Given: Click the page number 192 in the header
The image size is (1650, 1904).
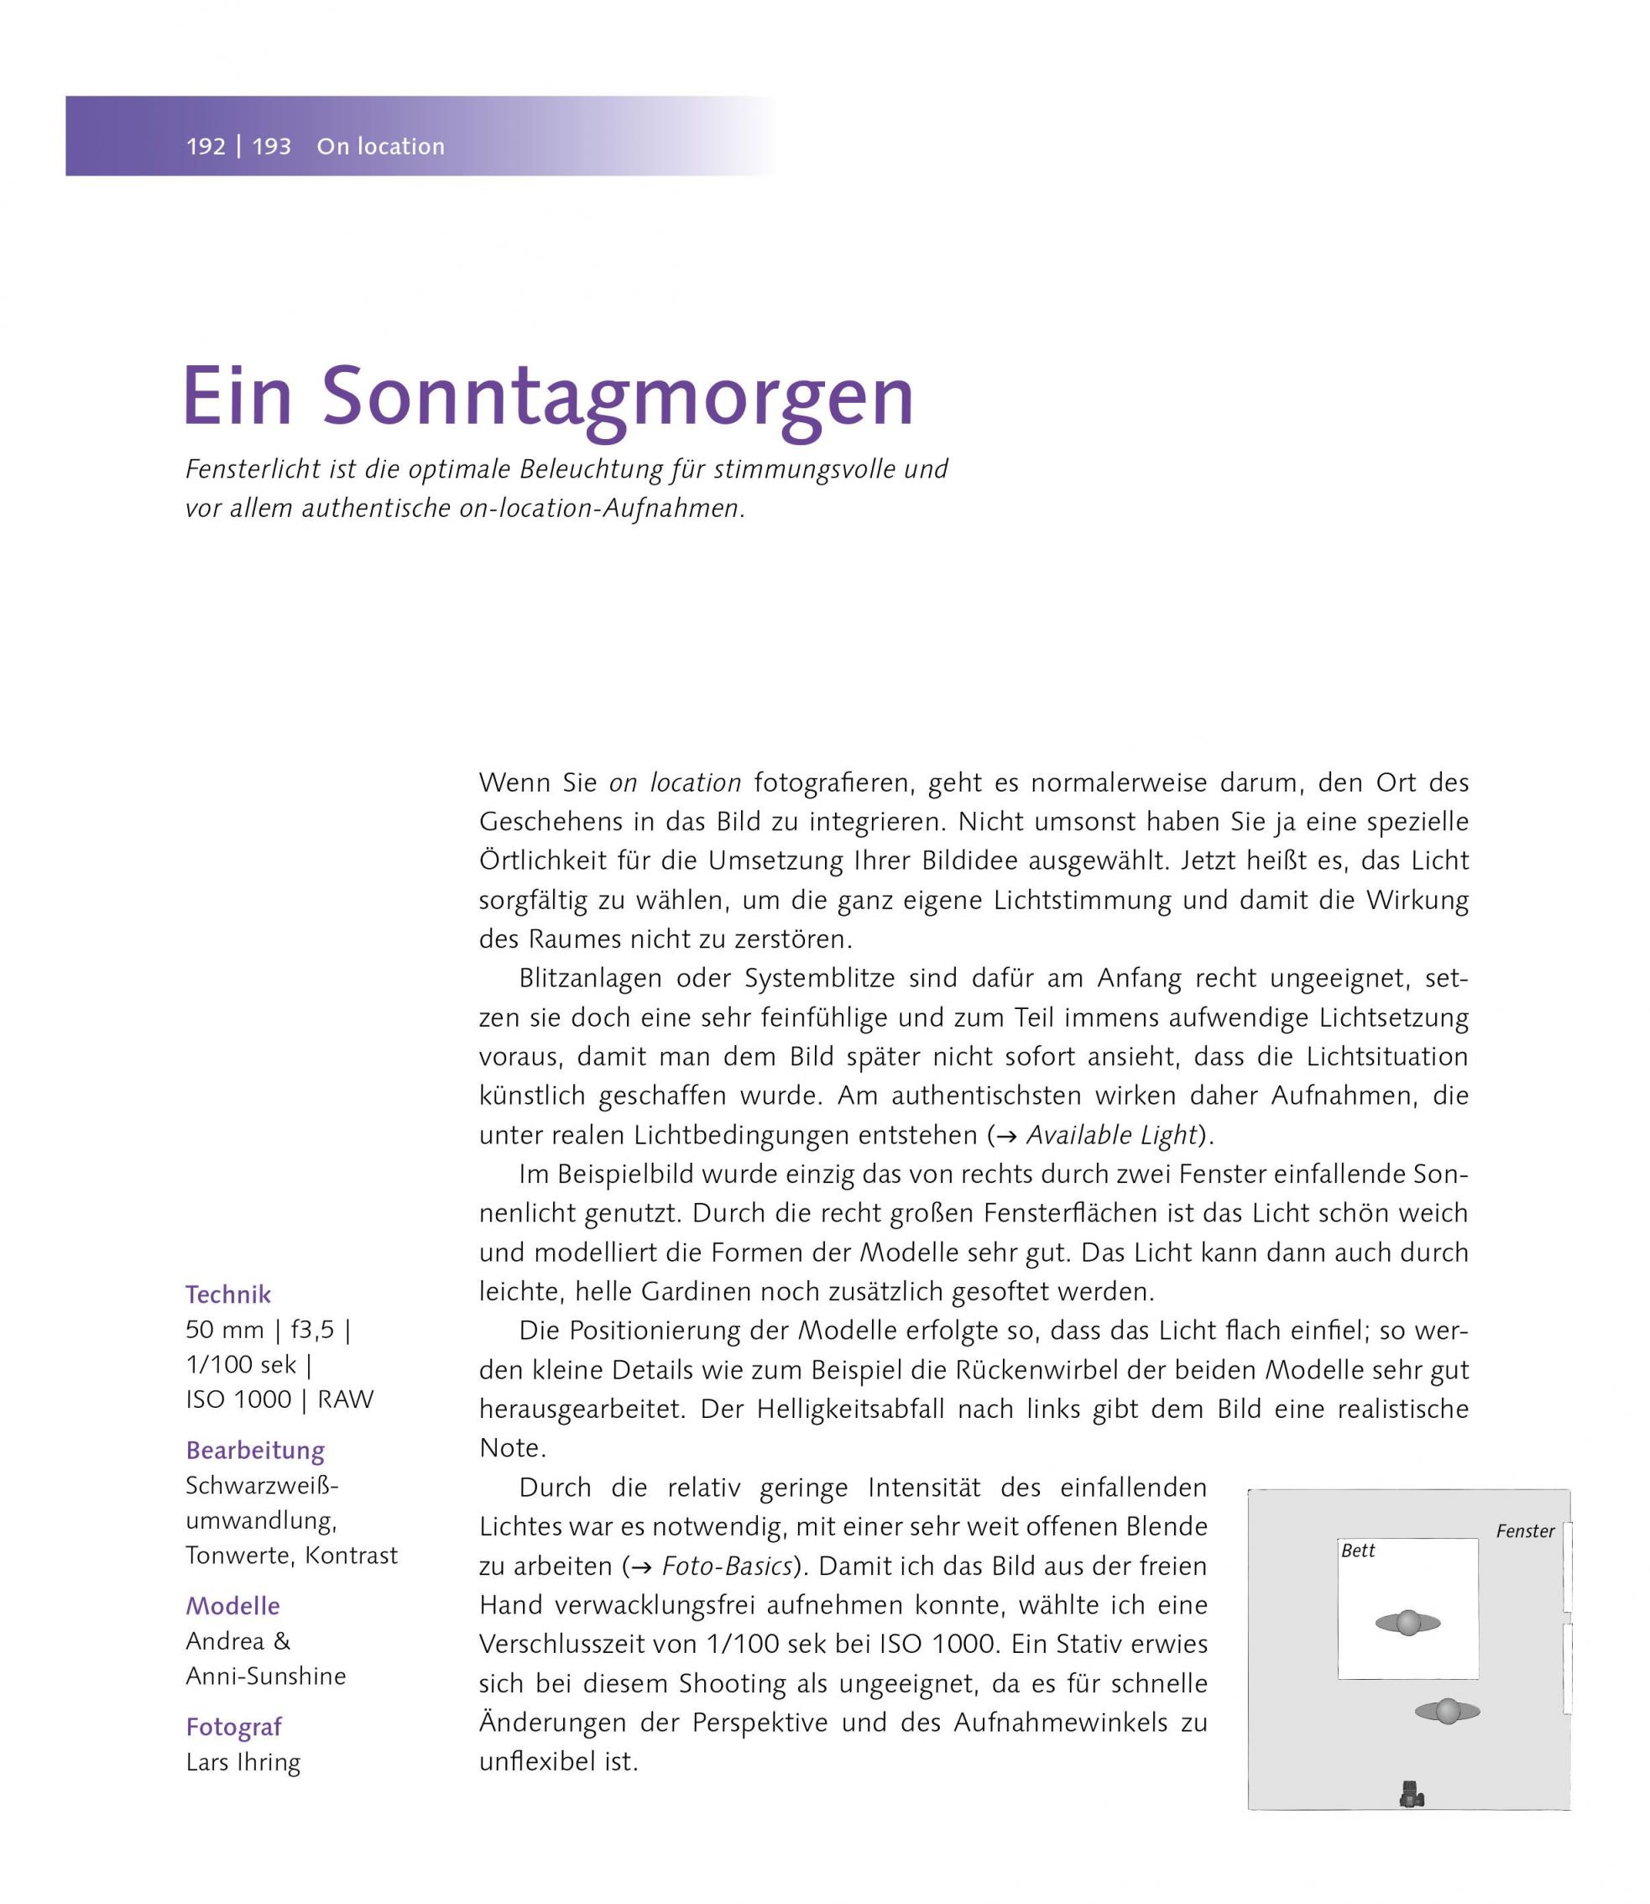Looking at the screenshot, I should click(206, 146).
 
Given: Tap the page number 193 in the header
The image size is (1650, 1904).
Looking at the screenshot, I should click(272, 146).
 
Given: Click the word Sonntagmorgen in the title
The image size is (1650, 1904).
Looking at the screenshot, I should click(617, 397).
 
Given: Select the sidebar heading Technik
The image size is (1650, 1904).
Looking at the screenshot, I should click(228, 1295).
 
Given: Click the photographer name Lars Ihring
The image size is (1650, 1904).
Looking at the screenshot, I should click(243, 1762).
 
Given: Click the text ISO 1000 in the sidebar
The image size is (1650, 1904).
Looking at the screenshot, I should click(238, 1399).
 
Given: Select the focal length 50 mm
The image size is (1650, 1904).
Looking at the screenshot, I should click(225, 1329).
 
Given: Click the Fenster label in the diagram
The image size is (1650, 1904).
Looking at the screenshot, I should click(1525, 1531).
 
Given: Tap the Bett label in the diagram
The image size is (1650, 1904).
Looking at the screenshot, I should click(1358, 1551).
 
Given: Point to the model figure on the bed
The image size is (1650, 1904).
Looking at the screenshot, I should click(1407, 1623).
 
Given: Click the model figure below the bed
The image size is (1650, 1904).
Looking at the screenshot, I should click(1448, 1712).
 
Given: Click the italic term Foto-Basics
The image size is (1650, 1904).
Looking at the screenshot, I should click(727, 1566).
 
